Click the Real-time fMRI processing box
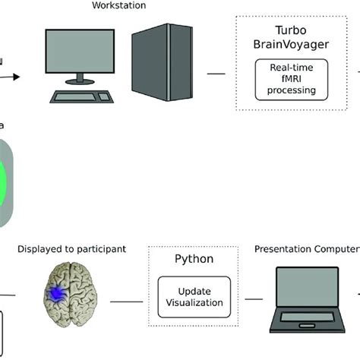286,82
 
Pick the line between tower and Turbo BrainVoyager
216,74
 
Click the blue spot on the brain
55,292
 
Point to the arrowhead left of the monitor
15,75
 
